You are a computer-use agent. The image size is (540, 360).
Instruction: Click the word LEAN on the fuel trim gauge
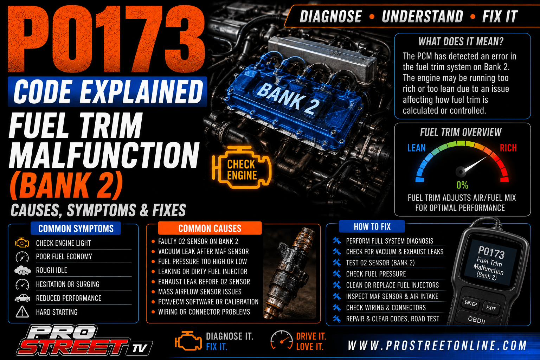point(416,148)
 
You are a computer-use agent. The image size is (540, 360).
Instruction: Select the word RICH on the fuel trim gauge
point(508,148)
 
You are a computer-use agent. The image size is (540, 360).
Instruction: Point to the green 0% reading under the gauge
point(462,185)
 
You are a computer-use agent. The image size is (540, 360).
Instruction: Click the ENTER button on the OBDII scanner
point(471,303)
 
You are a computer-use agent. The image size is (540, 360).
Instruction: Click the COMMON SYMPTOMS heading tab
point(76,229)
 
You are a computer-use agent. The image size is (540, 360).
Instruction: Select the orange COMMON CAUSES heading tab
point(210,228)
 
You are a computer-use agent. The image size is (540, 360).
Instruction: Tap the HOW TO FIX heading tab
point(372,227)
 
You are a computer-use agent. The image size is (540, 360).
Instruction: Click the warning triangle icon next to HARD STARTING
point(22,312)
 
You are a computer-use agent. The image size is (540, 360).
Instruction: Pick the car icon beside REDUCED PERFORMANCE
point(22,298)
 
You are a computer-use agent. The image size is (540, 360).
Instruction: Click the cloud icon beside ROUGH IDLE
point(22,271)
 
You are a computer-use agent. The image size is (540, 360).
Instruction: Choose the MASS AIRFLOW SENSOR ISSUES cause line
point(200,292)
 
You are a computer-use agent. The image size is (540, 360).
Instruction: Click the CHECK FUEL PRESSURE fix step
point(376,274)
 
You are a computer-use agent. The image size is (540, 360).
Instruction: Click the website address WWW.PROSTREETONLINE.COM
point(437,346)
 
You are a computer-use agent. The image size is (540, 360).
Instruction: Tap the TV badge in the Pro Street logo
point(140,348)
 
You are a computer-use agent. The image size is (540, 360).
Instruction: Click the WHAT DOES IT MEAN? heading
point(461,42)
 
